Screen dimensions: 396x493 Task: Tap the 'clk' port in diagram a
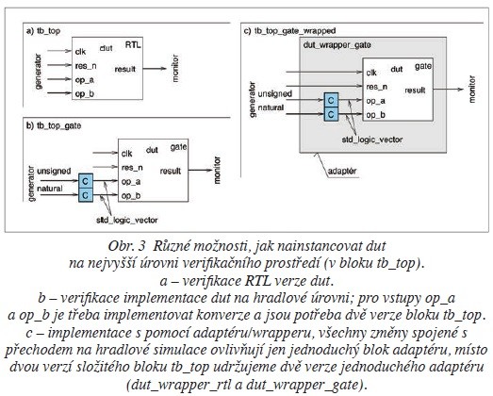pos(83,52)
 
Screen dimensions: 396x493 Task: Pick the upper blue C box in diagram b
pos(86,179)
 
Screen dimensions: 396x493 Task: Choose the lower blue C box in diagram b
pos(86,193)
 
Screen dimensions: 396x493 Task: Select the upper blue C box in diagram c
pos(329,98)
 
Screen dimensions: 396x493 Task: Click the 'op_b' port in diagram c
pos(374,113)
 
